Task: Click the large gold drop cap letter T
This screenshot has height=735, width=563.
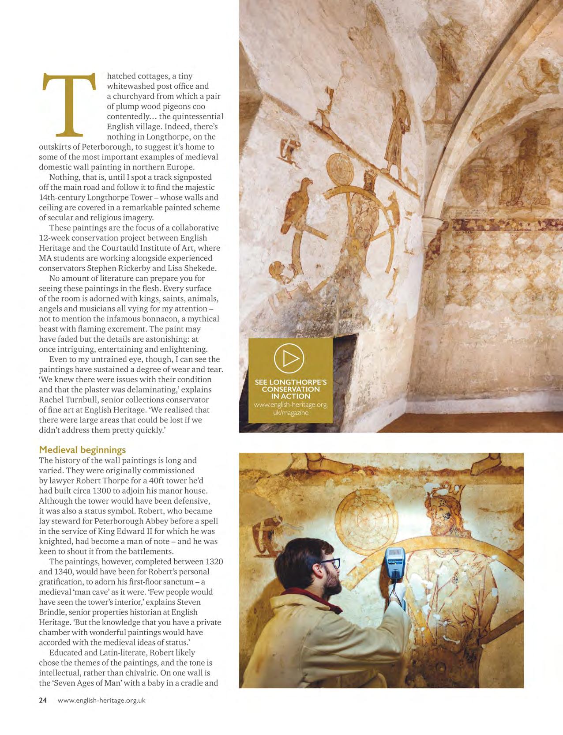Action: tap(69, 106)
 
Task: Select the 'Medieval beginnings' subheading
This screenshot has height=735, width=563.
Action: tap(83, 450)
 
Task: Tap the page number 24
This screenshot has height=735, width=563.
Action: tap(43, 700)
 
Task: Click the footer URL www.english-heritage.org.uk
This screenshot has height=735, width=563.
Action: tap(101, 700)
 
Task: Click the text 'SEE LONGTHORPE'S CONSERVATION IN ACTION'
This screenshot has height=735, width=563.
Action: tap(291, 389)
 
